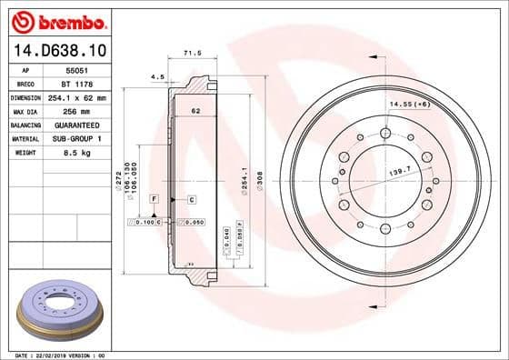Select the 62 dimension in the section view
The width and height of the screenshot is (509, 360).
(x=195, y=111)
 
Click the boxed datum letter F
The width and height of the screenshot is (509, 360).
(x=155, y=197)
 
